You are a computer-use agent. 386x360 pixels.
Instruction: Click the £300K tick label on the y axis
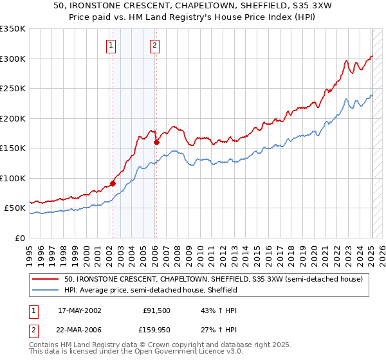tap(13, 59)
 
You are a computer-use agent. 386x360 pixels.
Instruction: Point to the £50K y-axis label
tap(15, 208)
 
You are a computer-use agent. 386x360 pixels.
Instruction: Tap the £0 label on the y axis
tap(19, 239)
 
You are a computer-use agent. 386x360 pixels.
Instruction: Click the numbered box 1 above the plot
tap(112, 45)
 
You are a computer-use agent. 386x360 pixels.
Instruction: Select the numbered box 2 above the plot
tap(156, 45)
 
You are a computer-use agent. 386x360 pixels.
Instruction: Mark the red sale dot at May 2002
tap(113, 183)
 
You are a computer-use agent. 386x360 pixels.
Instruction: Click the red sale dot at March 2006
tap(156, 143)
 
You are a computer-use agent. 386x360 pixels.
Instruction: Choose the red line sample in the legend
tap(46, 279)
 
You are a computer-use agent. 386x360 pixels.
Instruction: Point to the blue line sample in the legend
tap(46, 290)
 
